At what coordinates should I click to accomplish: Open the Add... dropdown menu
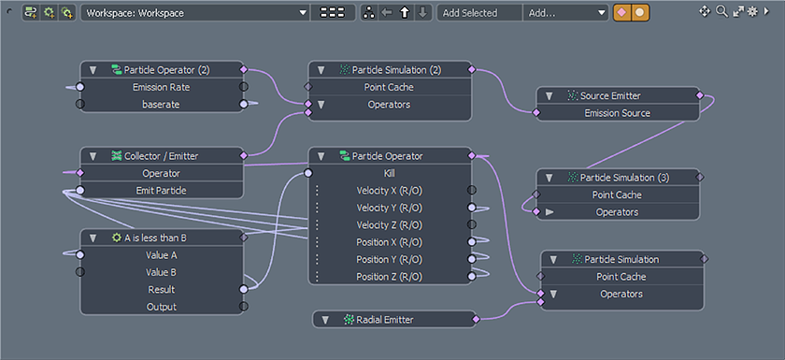[566, 13]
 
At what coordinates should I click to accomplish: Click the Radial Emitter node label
[384, 320]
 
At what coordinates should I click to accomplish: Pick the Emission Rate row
[161, 87]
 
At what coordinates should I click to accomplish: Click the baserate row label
[161, 104]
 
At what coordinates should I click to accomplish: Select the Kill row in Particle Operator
[389, 173]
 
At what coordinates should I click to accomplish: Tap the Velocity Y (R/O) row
[389, 208]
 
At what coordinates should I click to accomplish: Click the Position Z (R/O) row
[389, 277]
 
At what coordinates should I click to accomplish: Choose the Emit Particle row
[161, 190]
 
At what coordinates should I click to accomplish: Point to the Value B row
[161, 272]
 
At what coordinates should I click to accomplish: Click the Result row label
[161, 290]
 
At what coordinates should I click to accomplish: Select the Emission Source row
[617, 113]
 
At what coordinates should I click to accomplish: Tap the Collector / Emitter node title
[161, 156]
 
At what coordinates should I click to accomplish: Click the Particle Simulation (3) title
[624, 178]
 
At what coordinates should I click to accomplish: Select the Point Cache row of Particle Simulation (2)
[389, 87]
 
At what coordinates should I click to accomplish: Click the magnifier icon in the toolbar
[721, 11]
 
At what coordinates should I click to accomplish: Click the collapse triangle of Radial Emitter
[325, 320]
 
